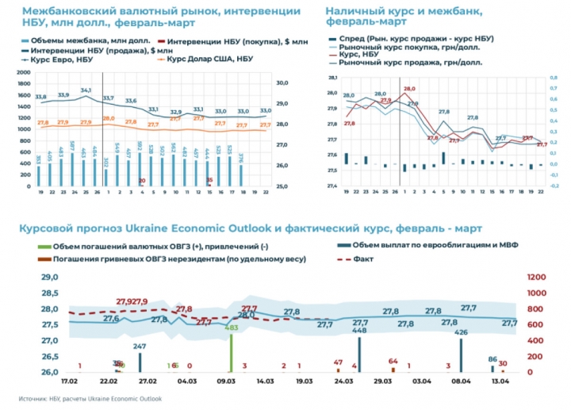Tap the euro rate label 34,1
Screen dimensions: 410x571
click(x=86, y=90)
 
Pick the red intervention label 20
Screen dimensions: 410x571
click(x=141, y=181)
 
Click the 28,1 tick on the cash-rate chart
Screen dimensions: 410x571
click(x=333, y=77)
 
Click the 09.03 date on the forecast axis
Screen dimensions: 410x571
click(x=226, y=381)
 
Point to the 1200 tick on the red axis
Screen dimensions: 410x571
click(x=538, y=277)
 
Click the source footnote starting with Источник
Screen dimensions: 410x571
click(x=86, y=399)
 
